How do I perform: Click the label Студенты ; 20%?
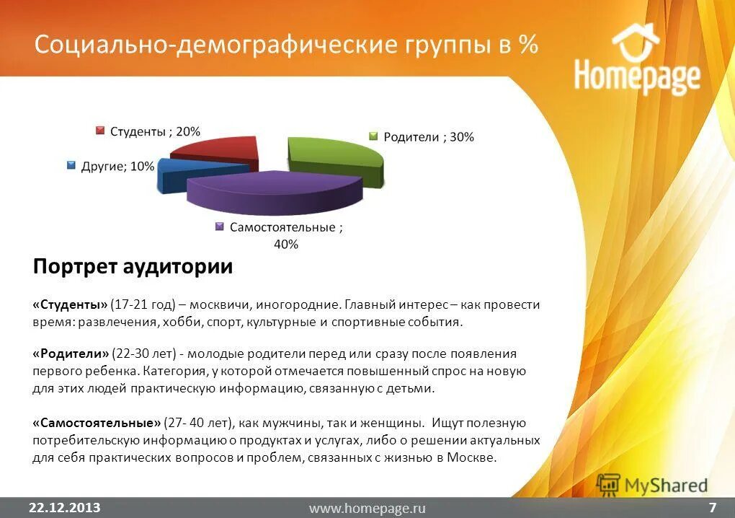(155, 131)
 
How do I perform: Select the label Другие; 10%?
(117, 166)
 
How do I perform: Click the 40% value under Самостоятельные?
(285, 245)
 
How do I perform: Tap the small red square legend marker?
(101, 131)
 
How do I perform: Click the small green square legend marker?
(373, 136)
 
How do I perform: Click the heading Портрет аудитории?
(133, 267)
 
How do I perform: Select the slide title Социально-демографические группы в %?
(286, 45)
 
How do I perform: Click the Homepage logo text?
(637, 77)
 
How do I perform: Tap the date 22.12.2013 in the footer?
(65, 506)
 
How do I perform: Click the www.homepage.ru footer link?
(367, 508)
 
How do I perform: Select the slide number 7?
(712, 506)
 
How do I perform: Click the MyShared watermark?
(652, 485)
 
